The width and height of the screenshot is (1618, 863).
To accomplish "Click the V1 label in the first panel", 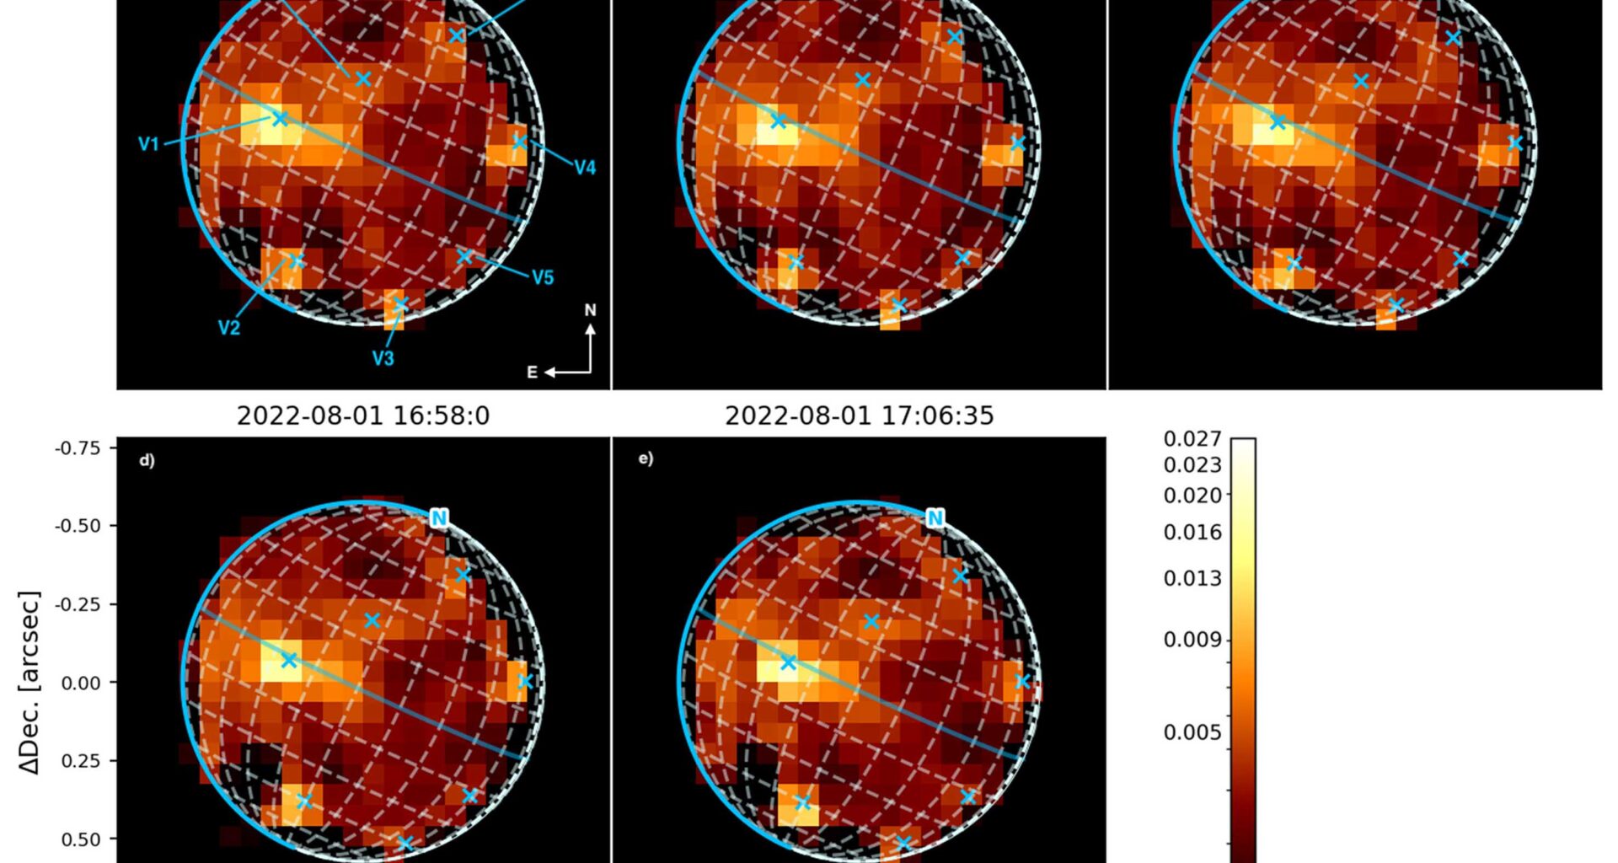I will (x=148, y=144).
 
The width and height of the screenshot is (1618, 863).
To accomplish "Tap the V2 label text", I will (x=228, y=328).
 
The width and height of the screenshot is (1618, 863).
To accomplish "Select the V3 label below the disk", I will (x=383, y=358).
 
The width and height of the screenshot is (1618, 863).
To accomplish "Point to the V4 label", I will (x=585, y=168).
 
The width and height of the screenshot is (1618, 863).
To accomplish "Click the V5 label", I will (x=543, y=277).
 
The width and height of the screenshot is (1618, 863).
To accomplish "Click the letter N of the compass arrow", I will (x=590, y=310).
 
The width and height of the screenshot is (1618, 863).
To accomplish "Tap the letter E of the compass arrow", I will (x=532, y=373).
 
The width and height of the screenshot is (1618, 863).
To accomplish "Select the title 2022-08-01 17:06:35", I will (x=859, y=415).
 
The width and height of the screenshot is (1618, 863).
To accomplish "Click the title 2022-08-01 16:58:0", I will (x=362, y=415).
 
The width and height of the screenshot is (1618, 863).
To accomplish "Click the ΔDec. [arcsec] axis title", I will (x=29, y=683).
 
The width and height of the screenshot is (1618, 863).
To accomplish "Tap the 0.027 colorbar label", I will (x=1192, y=439).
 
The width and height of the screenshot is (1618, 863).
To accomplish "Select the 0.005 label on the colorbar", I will (x=1192, y=732).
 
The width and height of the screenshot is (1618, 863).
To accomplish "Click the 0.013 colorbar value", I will (x=1192, y=578).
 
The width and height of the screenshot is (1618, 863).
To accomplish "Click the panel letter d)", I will (x=147, y=461).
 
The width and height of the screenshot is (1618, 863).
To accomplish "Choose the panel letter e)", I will (x=646, y=458).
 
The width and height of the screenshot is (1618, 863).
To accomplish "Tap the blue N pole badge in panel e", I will (x=935, y=518).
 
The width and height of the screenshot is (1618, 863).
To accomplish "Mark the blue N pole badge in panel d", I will (x=438, y=518).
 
